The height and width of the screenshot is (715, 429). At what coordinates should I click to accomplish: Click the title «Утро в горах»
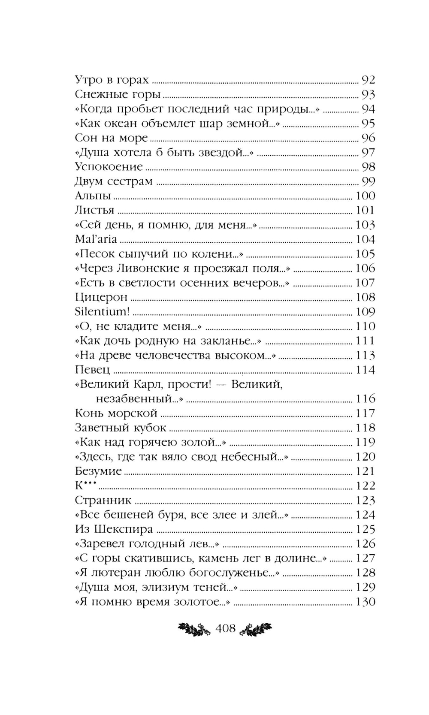point(112,80)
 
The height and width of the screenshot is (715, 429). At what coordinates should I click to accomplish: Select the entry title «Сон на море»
point(111,138)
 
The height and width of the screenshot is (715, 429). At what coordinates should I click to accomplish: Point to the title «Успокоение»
point(109,167)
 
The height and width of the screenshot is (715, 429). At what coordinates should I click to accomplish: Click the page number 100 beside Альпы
point(365,196)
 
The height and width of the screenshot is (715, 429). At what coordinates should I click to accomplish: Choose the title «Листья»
point(94,210)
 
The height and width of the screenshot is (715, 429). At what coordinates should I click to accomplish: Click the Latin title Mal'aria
point(96,239)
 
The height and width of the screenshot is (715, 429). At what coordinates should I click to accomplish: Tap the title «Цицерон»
point(101,297)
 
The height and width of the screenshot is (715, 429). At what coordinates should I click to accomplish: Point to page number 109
point(365,312)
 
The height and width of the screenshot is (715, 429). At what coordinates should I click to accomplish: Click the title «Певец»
point(92,370)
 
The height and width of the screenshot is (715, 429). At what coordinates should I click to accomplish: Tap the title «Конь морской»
point(116,413)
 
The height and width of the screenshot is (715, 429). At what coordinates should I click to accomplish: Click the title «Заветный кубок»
point(120,428)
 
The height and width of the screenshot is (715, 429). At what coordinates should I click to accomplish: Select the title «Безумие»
point(98,471)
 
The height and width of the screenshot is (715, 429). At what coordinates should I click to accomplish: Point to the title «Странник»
point(103,501)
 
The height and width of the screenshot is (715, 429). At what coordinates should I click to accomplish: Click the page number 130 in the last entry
point(365,602)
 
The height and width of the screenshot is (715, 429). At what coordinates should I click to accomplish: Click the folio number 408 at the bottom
point(226,628)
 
